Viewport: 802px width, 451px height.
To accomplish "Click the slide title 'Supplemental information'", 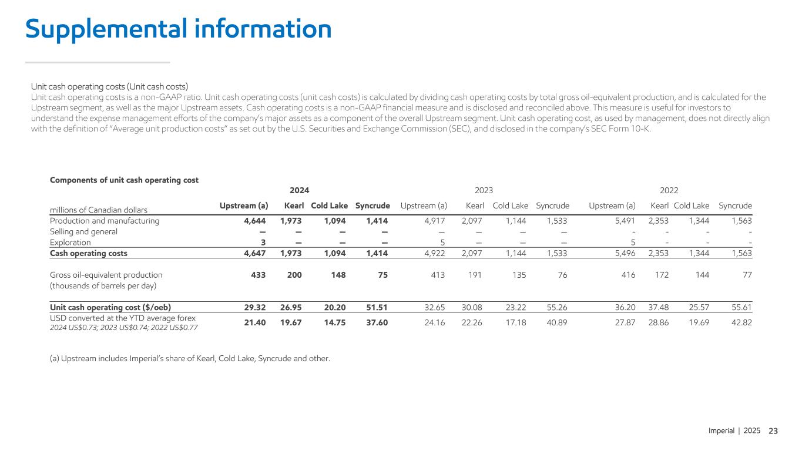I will click(178, 29).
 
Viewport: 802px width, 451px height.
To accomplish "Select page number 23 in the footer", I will click(773, 431).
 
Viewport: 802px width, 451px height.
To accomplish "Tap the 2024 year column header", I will click(300, 190).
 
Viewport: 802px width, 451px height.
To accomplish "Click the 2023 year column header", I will click(484, 190).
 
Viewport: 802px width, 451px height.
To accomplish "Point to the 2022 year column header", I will click(669, 190).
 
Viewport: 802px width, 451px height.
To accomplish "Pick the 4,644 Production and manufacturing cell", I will click(256, 221).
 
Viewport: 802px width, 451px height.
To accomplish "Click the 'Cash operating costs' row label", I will click(88, 253).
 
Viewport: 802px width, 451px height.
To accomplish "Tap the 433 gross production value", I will click(260, 274).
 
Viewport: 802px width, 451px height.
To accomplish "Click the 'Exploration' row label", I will click(71, 243).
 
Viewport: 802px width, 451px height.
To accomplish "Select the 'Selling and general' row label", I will click(83, 232).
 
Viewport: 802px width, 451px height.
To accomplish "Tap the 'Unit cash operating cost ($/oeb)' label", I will click(110, 307).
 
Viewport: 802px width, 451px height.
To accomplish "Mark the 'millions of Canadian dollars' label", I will click(99, 210).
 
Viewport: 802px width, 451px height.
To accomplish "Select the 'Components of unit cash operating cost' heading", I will click(124, 180).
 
